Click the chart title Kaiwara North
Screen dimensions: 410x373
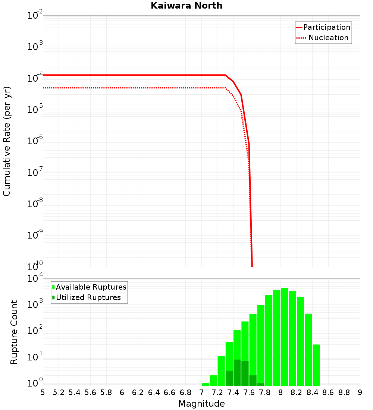point(186,6)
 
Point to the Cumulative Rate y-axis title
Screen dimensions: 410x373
point(7,141)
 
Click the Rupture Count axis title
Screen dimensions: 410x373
point(14,332)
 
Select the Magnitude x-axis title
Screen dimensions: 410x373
point(201,404)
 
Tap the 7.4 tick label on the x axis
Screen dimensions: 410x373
point(233,392)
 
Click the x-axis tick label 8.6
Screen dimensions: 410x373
point(328,392)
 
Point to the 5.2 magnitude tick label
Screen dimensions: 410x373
point(59,392)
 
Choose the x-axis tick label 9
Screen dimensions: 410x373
point(360,392)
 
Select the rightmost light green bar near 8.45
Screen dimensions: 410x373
point(316,365)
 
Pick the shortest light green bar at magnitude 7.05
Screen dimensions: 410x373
point(206,384)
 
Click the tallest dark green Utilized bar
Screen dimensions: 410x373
point(237,373)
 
